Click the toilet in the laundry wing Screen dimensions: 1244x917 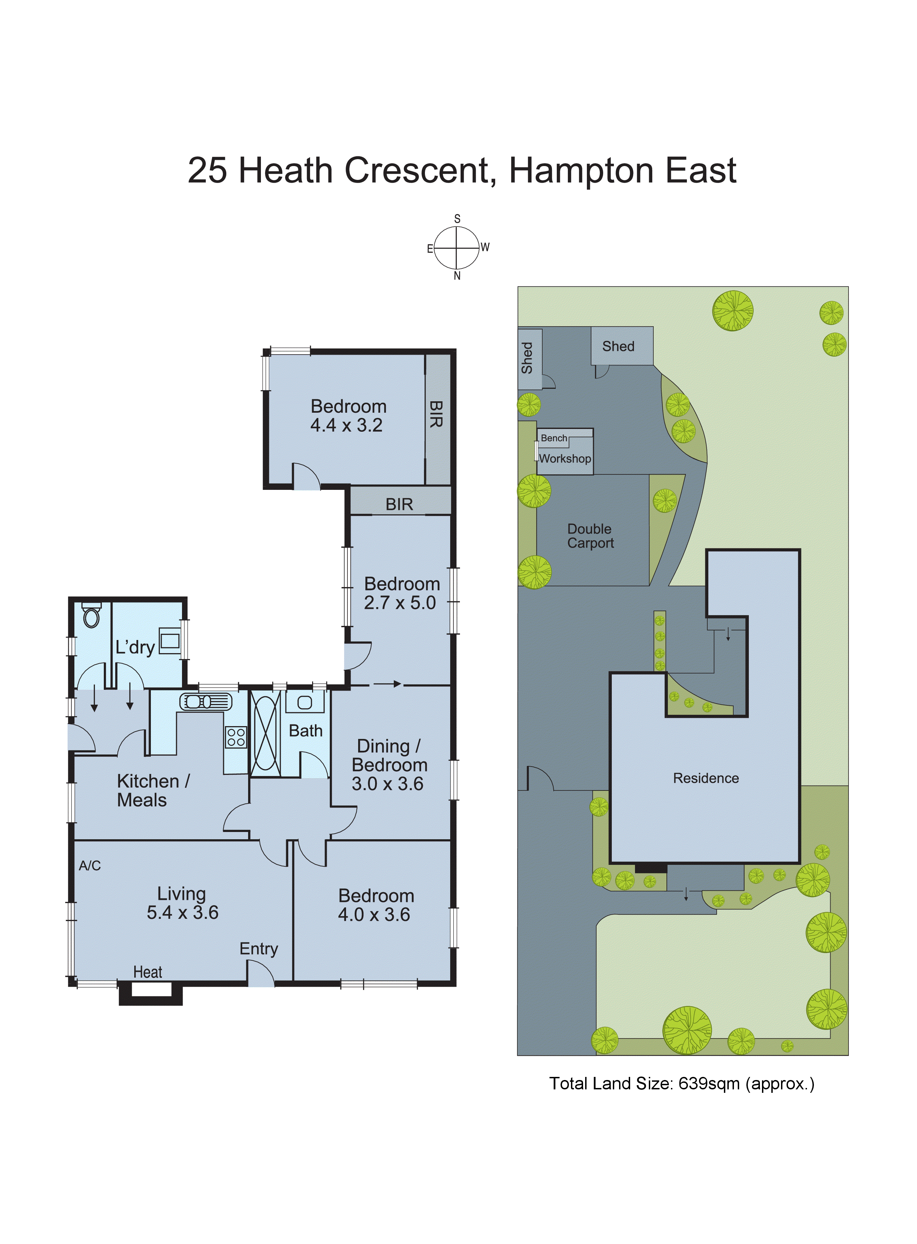92,616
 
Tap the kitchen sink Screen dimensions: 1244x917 206,702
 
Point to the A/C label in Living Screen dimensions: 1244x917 90,866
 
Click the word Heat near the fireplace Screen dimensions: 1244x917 148,972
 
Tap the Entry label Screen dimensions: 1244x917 259,949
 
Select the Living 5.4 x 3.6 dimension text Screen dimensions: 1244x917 183,913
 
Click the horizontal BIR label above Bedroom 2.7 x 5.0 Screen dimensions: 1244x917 399,504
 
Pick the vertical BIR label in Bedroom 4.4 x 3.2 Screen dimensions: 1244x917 436,414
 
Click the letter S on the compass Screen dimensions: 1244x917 457,219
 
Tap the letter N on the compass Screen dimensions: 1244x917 457,276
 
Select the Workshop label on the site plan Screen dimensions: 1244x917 565,459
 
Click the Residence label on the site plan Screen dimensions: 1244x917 706,778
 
